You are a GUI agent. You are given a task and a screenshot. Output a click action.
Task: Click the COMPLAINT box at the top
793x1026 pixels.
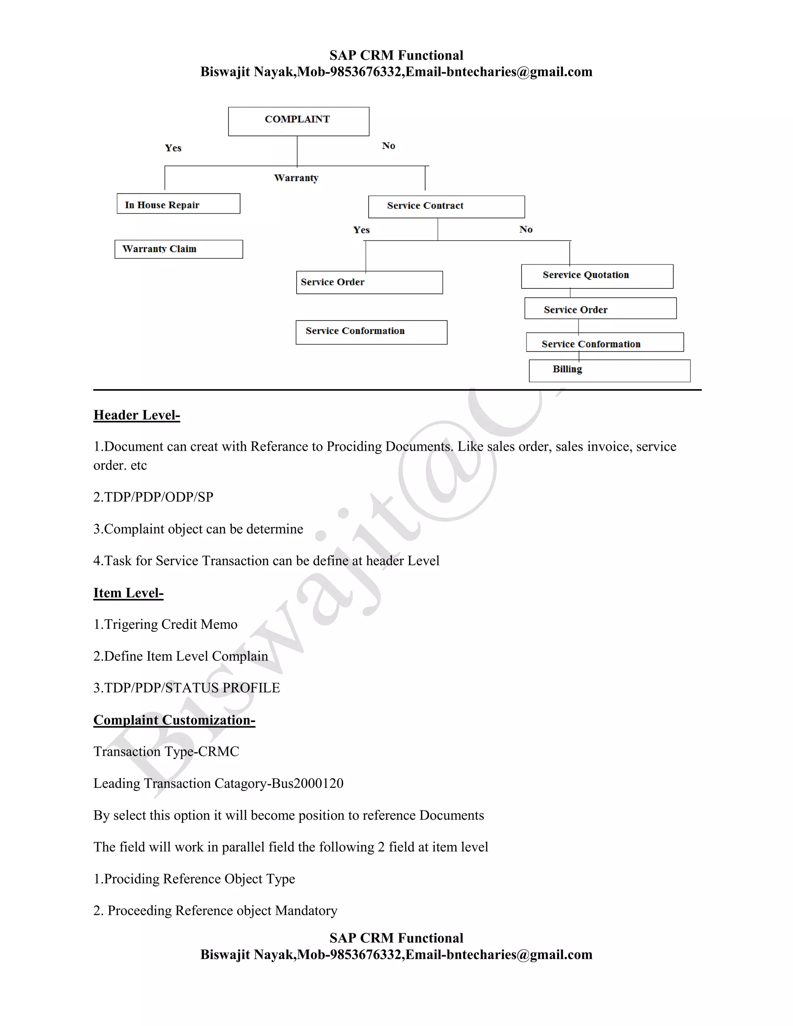coord(298,121)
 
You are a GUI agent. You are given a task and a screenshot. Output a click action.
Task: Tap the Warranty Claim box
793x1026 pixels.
coord(179,249)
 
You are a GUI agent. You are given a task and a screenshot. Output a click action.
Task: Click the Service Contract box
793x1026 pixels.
coord(446,207)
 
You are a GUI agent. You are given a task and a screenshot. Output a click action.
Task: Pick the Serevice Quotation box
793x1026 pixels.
coord(597,276)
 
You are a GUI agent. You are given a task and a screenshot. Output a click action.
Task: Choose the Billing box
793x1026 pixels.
coord(609,371)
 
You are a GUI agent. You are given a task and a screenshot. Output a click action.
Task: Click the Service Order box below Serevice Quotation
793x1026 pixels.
coord(601,309)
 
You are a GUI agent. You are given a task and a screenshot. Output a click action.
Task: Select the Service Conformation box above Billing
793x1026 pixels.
coord(604,343)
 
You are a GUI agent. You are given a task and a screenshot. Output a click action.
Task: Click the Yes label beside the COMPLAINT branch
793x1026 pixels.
coord(173,148)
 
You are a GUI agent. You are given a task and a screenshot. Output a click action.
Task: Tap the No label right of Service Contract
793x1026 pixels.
coord(526,229)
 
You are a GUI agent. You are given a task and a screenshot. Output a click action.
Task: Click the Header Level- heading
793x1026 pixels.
coord(137,415)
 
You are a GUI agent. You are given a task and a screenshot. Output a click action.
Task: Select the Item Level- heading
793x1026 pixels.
coord(128,593)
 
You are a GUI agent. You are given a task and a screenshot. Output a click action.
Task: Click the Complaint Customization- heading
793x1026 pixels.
coord(174,720)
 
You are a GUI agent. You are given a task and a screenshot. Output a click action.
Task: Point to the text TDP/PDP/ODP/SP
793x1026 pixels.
coord(158,497)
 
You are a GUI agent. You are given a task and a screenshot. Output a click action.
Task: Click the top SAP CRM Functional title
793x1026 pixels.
coord(396,55)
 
